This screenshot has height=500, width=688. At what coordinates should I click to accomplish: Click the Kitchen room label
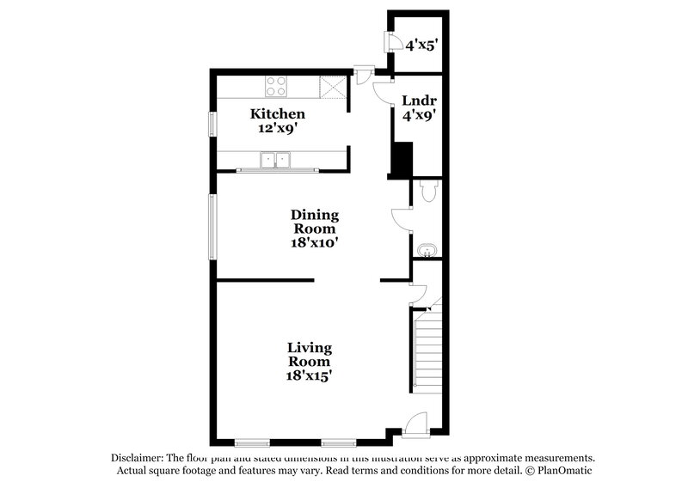click(277, 113)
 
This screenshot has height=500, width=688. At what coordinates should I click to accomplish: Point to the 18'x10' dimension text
click(314, 243)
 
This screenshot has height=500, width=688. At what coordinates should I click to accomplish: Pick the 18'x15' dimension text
click(310, 375)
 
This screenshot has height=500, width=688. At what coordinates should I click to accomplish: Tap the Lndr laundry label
click(417, 101)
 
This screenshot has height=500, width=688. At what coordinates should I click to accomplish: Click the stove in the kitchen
click(276, 85)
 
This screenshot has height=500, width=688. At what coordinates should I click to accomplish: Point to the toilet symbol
click(428, 191)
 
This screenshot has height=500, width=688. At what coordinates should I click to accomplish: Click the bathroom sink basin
click(427, 250)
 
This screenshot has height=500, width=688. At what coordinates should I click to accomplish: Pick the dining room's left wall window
click(212, 226)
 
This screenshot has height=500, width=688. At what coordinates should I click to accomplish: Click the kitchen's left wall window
click(212, 124)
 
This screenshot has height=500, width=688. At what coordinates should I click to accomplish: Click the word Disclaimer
click(137, 458)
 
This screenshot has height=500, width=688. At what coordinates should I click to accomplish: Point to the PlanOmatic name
click(562, 471)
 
